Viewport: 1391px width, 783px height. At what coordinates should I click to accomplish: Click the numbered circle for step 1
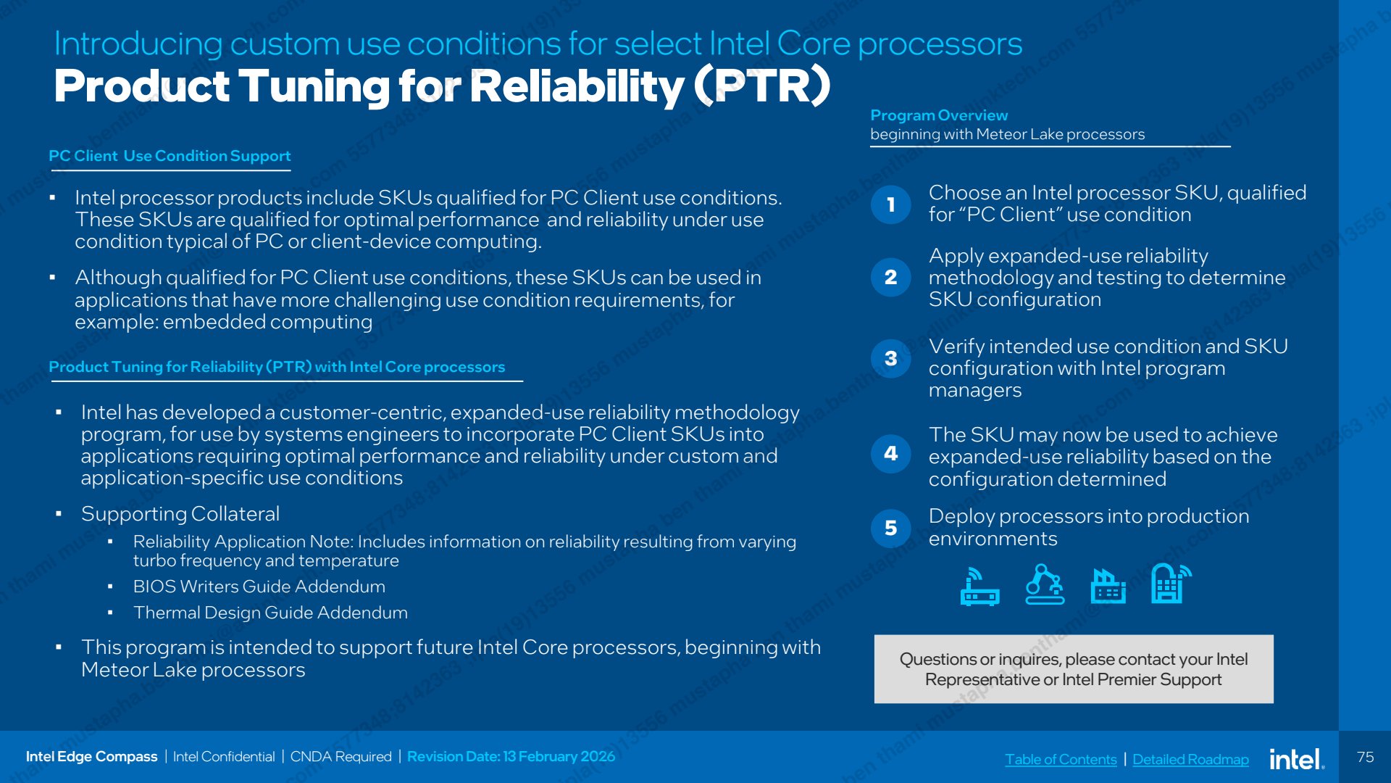[x=890, y=204]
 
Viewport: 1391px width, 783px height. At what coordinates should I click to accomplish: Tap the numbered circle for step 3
[x=890, y=358]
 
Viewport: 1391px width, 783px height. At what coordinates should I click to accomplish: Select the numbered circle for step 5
[x=890, y=528]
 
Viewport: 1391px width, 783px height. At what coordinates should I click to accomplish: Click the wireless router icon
[x=979, y=587]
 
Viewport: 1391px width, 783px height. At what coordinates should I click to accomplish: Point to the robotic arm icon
[x=1045, y=584]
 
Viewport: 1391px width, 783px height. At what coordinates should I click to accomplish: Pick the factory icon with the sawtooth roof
[x=1108, y=586]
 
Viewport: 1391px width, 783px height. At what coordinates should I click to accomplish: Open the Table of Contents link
[x=1061, y=759]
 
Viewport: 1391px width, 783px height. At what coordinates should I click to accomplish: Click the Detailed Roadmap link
[x=1190, y=759]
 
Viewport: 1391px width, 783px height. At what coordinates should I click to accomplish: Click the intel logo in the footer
[x=1297, y=759]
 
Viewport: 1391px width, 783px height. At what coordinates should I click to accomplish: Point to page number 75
[x=1365, y=757]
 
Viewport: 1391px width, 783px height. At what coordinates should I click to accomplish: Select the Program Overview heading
[x=939, y=115]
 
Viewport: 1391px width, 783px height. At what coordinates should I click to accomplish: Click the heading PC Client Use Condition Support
[x=170, y=156]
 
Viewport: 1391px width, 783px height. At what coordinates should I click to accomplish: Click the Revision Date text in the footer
[x=511, y=756]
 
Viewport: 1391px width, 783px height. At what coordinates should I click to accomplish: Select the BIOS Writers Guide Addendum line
[x=259, y=587]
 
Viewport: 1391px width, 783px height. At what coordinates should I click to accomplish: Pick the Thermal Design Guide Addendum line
[x=270, y=613]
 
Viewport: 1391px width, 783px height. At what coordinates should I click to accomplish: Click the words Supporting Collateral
[x=180, y=514]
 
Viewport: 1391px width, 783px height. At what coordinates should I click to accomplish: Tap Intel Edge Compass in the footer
[x=91, y=756]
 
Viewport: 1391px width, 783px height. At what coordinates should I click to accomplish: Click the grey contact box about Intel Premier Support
[x=1074, y=669]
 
